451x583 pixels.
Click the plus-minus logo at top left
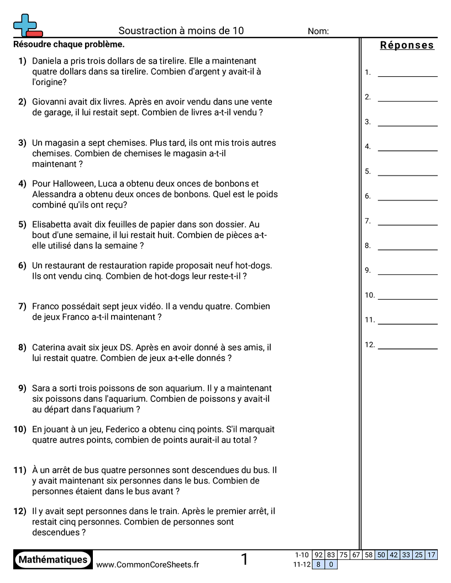click(27, 25)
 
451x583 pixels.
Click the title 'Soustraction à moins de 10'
click(181, 31)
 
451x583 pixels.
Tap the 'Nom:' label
click(318, 31)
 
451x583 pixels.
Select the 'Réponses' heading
click(407, 45)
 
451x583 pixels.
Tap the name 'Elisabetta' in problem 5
click(53, 225)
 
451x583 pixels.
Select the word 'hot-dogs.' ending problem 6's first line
click(253, 266)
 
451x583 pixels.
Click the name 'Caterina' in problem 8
click(50, 348)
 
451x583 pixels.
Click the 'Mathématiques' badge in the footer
click(53, 560)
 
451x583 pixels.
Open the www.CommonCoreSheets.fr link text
click(148, 564)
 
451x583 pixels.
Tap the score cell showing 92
click(318, 555)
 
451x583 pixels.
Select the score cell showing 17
click(431, 555)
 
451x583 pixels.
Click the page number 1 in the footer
click(244, 560)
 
